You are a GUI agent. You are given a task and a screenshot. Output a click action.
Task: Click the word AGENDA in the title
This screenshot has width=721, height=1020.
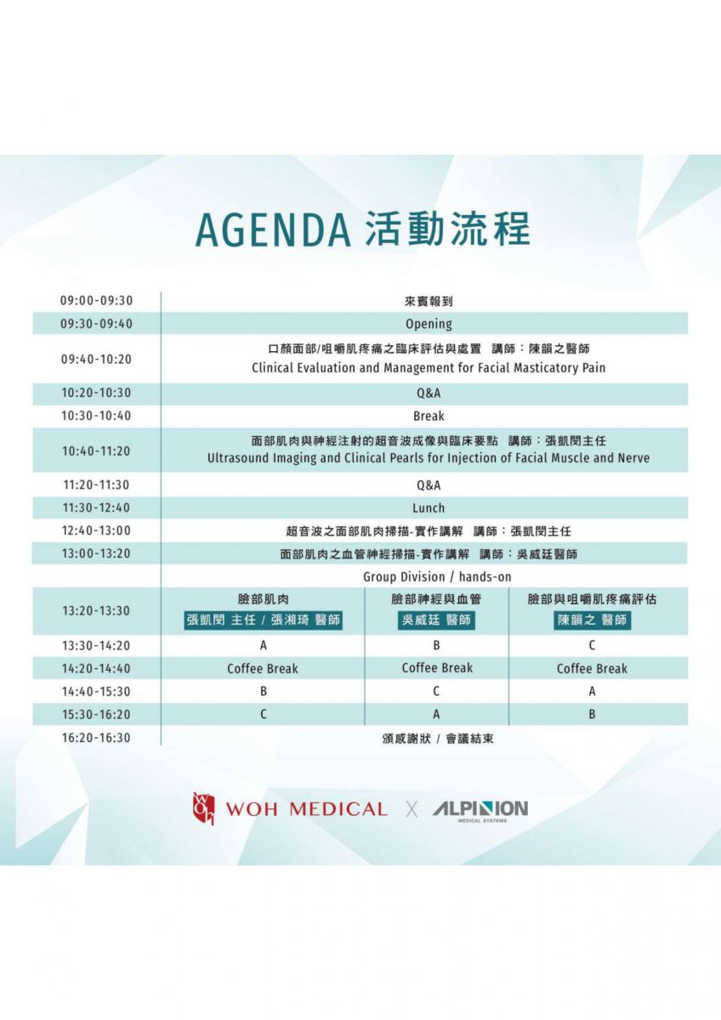(273, 229)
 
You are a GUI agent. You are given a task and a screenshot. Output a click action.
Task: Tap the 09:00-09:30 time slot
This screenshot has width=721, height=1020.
(97, 301)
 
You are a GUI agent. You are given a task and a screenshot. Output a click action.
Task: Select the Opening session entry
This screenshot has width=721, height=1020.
(429, 324)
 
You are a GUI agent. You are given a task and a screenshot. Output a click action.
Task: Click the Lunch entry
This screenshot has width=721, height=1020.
(429, 507)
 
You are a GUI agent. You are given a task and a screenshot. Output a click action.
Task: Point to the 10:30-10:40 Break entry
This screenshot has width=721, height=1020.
(429, 416)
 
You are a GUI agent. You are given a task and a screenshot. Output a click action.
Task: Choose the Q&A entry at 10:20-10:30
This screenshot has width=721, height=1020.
(429, 393)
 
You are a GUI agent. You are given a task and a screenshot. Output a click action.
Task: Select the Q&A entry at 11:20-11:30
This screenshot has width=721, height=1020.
(429, 485)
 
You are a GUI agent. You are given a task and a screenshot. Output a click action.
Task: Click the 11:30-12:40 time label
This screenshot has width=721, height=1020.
(97, 507)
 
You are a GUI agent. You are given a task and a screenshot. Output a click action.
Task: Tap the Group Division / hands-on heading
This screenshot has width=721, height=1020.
(437, 577)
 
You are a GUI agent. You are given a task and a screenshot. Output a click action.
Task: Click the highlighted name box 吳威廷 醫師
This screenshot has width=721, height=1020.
(436, 620)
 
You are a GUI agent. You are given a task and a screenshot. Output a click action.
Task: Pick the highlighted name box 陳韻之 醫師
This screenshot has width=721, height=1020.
(592, 620)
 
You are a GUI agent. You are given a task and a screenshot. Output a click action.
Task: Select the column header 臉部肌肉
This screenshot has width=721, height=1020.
(264, 599)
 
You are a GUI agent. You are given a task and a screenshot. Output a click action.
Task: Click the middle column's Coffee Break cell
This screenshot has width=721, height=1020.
(437, 668)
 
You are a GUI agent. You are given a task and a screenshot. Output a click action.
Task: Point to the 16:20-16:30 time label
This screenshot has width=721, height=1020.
(97, 738)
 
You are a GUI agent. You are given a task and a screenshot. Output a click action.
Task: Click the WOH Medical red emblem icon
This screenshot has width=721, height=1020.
(203, 808)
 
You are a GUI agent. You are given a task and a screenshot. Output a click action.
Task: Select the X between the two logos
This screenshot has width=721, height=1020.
(412, 809)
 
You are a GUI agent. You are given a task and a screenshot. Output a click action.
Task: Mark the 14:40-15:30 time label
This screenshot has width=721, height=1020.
(97, 691)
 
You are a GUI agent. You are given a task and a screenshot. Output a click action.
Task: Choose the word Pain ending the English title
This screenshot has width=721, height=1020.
(594, 367)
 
